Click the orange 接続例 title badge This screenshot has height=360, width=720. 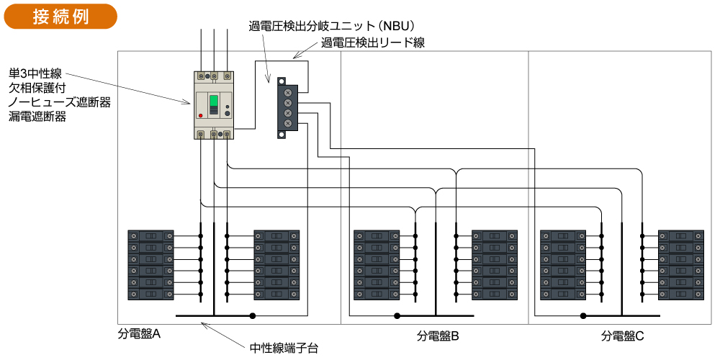click(x=60, y=17)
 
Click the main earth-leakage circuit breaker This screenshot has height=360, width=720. click(x=215, y=105)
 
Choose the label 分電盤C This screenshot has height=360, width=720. click(x=622, y=336)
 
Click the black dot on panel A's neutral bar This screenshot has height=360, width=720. click(x=253, y=316)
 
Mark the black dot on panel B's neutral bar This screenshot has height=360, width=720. click(x=397, y=316)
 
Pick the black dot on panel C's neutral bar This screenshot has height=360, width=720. click(x=583, y=316)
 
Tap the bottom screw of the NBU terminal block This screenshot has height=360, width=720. click(x=288, y=124)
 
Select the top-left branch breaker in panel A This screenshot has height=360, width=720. click(x=150, y=235)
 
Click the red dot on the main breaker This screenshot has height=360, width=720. click(x=200, y=115)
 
